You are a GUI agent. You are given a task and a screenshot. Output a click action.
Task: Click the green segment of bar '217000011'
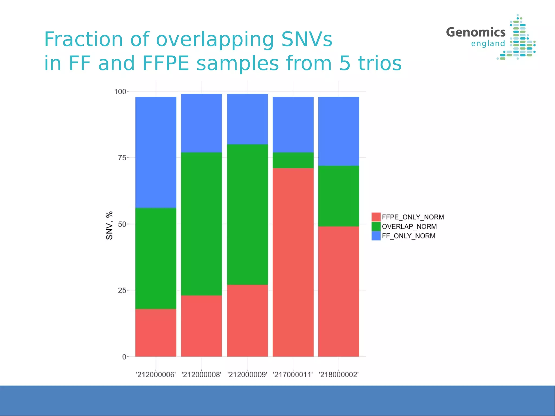[293, 160]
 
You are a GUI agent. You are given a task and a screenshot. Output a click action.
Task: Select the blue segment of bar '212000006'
[156, 152]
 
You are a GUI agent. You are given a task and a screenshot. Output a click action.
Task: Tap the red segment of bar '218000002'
[338, 291]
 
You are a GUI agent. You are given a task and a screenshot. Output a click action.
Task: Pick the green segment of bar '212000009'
[247, 214]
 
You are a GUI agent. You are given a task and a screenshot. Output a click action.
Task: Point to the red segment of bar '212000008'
[201, 326]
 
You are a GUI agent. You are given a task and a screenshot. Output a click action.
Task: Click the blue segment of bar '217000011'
[293, 125]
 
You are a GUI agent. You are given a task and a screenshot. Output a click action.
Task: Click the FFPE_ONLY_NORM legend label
[413, 217]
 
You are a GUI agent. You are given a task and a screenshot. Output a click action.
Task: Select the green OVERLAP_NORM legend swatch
[376, 226]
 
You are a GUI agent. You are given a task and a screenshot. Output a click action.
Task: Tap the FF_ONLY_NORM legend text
[408, 236]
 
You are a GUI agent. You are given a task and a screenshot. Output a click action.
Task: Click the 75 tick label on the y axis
[122, 158]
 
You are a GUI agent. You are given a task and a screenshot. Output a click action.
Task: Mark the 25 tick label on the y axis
[122, 290]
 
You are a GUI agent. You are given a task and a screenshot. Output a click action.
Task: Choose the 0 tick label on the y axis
[124, 357]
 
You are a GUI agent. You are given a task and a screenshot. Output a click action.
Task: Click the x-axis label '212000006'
[156, 375]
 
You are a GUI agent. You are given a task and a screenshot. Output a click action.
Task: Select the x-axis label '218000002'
[338, 375]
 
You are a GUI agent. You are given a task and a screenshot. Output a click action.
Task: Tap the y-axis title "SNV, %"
[109, 225]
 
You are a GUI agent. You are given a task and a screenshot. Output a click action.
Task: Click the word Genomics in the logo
[476, 32]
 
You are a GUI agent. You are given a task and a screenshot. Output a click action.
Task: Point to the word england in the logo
[488, 43]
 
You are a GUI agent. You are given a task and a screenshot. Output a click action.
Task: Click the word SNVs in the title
[306, 39]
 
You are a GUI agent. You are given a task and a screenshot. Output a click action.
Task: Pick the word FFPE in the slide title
[165, 63]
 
